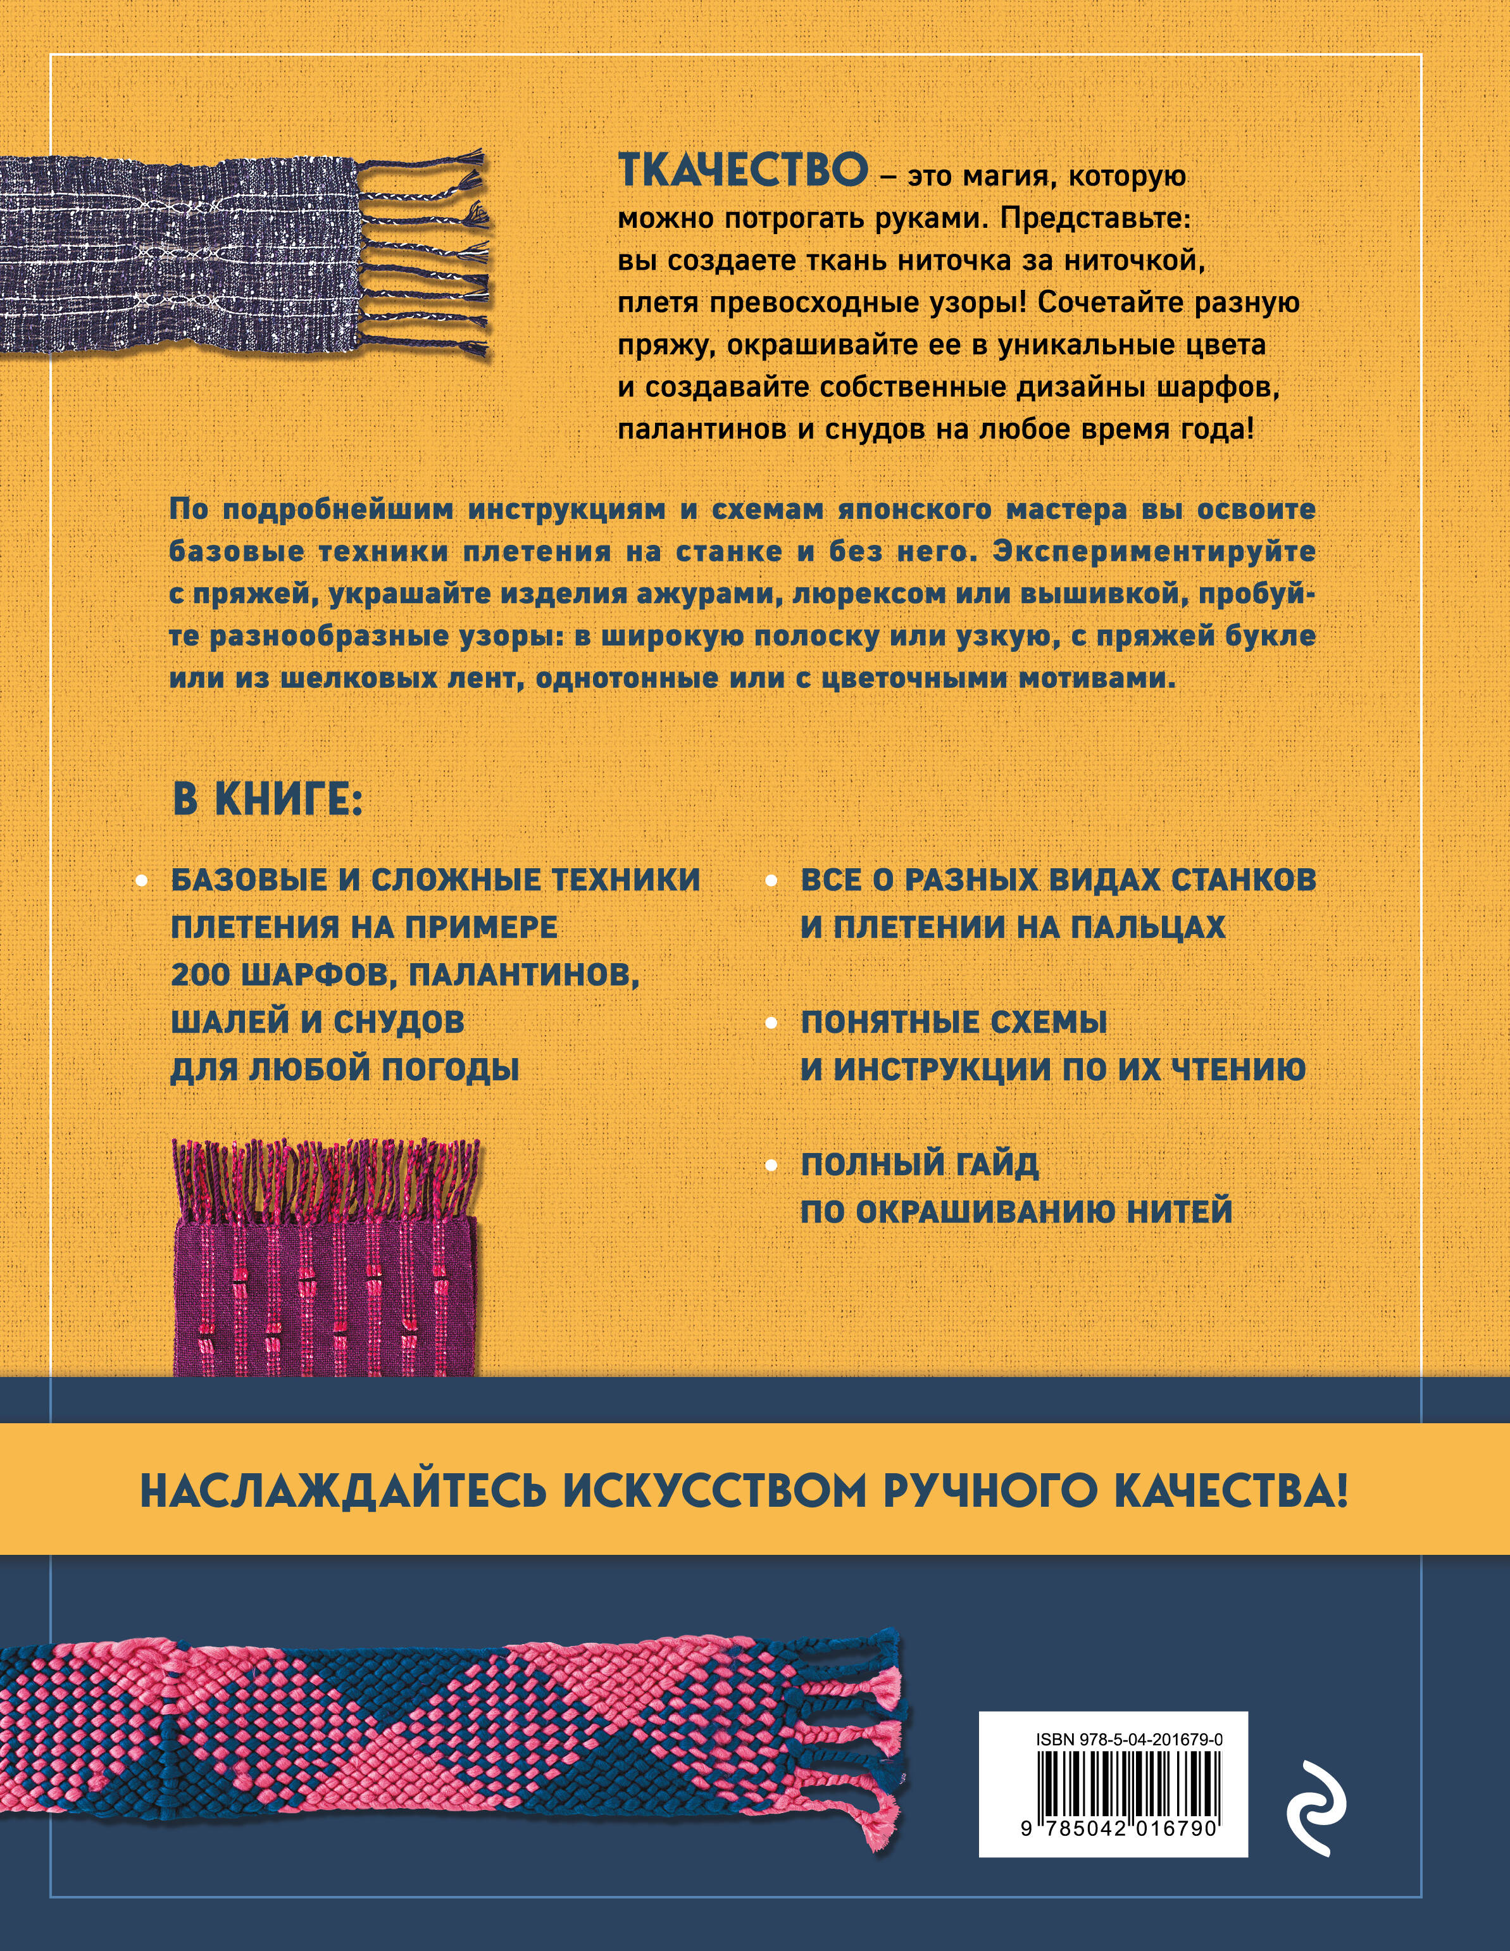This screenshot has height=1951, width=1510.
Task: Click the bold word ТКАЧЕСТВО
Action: click(742, 171)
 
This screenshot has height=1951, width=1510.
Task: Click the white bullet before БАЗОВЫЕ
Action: click(140, 882)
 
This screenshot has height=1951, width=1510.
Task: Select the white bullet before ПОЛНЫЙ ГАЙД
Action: click(770, 1166)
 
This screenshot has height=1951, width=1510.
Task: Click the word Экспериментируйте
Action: click(1154, 551)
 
